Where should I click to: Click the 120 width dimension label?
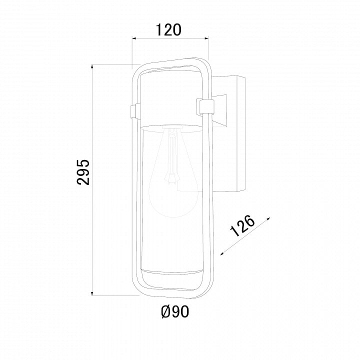click(168, 29)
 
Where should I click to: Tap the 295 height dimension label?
click(83, 172)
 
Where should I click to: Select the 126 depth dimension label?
click(242, 225)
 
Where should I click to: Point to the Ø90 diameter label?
click(175, 312)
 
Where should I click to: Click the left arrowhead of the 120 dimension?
click(133, 38)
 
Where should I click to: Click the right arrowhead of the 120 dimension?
click(206, 38)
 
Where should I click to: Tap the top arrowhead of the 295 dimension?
click(92, 66)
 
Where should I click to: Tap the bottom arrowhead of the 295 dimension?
click(92, 293)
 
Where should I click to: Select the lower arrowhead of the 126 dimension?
click(222, 253)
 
